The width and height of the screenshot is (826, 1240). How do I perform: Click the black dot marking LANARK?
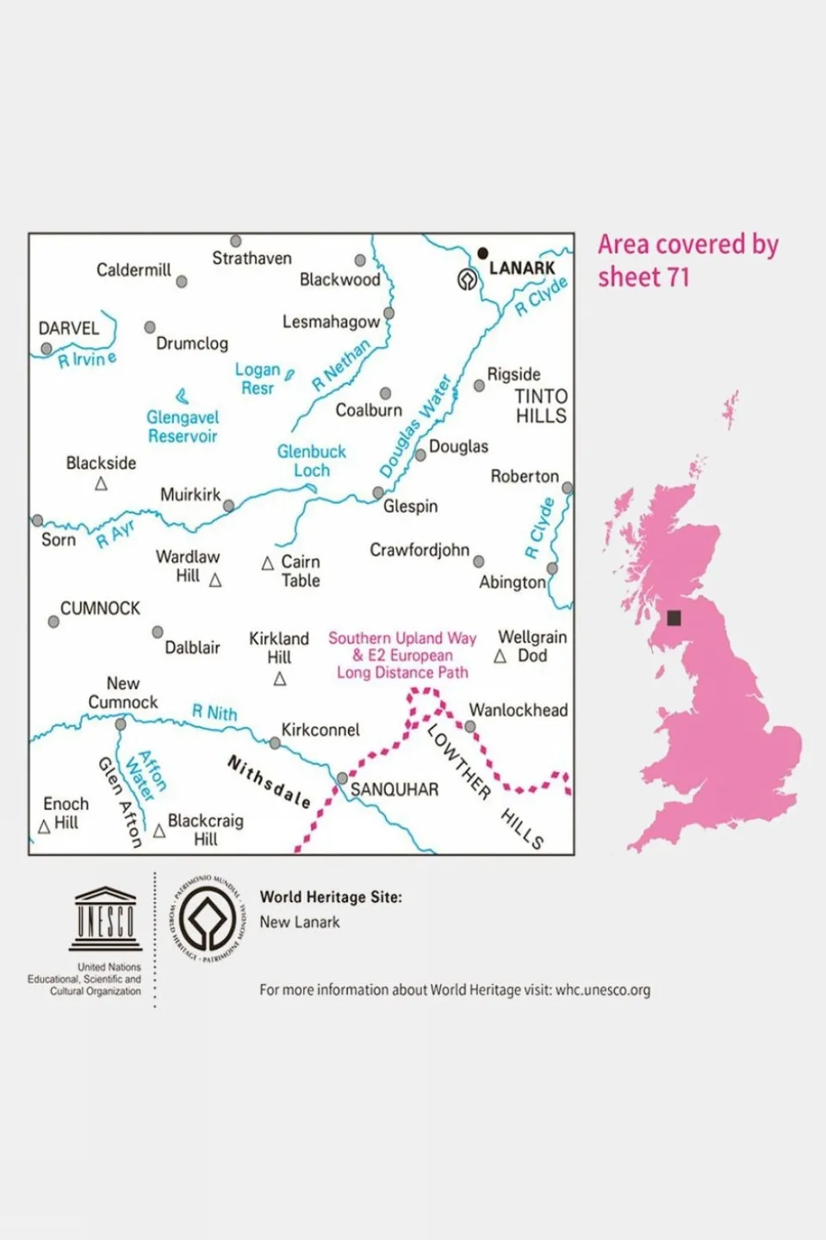click(482, 253)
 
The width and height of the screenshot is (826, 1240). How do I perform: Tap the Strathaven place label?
click(252, 259)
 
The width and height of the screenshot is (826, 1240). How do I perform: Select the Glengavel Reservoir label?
click(183, 427)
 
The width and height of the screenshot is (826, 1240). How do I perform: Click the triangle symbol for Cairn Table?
click(268, 564)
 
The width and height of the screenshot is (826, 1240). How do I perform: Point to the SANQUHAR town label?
click(394, 789)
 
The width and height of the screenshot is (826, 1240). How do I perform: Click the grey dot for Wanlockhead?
click(470, 726)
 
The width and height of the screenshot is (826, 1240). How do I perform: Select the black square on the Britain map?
click(674, 617)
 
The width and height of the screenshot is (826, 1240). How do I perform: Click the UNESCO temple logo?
click(105, 919)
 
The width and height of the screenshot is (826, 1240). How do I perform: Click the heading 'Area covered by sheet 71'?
click(687, 260)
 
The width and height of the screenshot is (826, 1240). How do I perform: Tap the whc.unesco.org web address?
click(602, 990)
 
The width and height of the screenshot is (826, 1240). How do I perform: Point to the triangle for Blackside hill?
click(101, 484)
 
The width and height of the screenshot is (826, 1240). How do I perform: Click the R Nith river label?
click(214, 713)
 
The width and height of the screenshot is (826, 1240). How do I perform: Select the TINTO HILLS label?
click(541, 406)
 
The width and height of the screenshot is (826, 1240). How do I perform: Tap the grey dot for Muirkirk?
click(228, 506)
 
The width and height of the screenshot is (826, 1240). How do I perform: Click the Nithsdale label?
click(268, 782)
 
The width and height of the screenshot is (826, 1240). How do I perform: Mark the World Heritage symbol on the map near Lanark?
click(467, 279)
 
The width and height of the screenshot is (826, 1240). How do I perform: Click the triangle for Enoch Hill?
click(44, 827)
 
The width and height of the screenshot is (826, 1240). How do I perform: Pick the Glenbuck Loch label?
click(311, 461)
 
